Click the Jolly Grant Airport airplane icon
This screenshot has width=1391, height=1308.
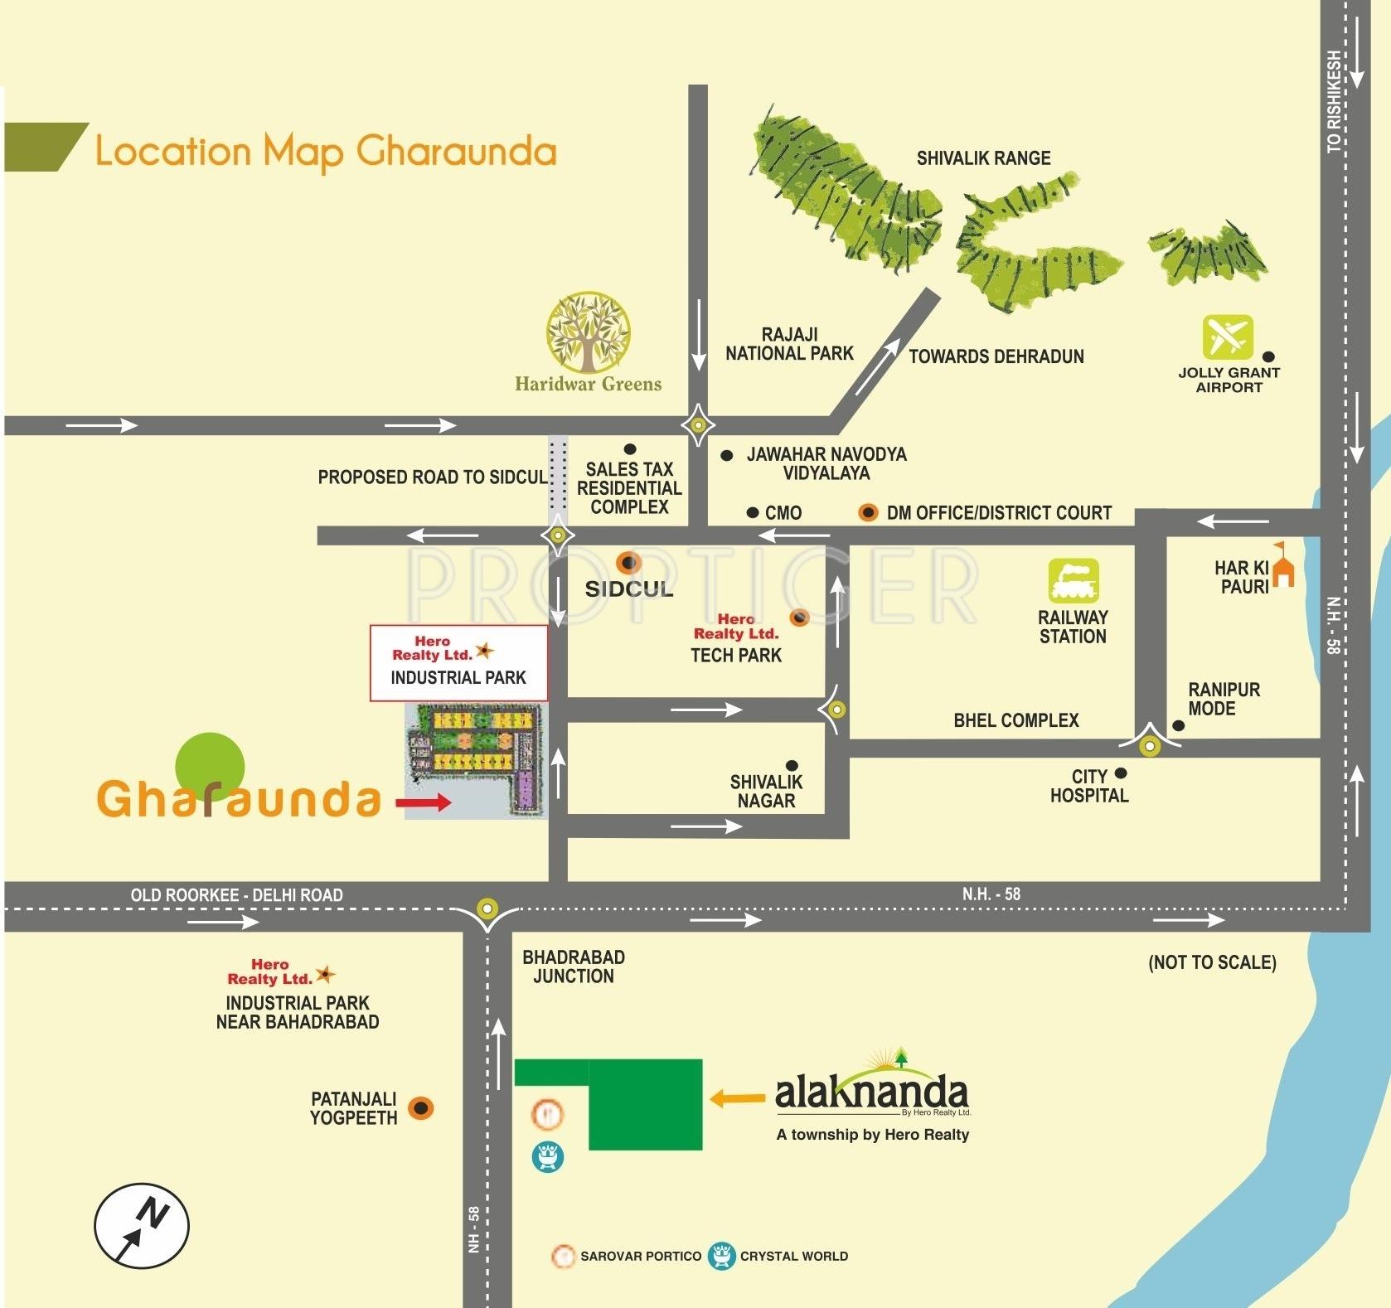tap(1227, 337)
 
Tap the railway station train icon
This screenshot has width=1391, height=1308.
tap(1073, 579)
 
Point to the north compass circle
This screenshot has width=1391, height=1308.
tap(142, 1225)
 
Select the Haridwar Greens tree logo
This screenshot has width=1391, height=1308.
tap(588, 332)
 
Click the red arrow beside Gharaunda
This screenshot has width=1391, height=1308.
tap(423, 802)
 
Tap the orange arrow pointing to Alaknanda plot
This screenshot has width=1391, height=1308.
tap(737, 1099)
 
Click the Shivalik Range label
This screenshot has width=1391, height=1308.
tap(983, 157)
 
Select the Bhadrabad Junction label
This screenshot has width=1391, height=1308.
tap(573, 966)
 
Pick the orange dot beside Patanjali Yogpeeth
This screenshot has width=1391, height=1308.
tap(421, 1108)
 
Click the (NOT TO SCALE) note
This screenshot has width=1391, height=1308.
tap(1211, 962)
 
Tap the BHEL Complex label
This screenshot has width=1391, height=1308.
tap(1015, 720)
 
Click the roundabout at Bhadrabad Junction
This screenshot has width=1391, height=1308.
tap(487, 908)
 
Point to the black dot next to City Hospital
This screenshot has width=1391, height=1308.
tap(1121, 773)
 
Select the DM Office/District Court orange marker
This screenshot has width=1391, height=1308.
tap(867, 512)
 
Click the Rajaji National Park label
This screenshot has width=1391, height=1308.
tap(789, 344)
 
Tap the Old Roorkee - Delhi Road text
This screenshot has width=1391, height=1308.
tap(236, 895)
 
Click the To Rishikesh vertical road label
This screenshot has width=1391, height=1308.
tap(1333, 102)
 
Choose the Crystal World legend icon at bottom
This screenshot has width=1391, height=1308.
tap(722, 1256)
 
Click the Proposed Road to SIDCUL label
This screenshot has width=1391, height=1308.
tap(432, 477)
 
